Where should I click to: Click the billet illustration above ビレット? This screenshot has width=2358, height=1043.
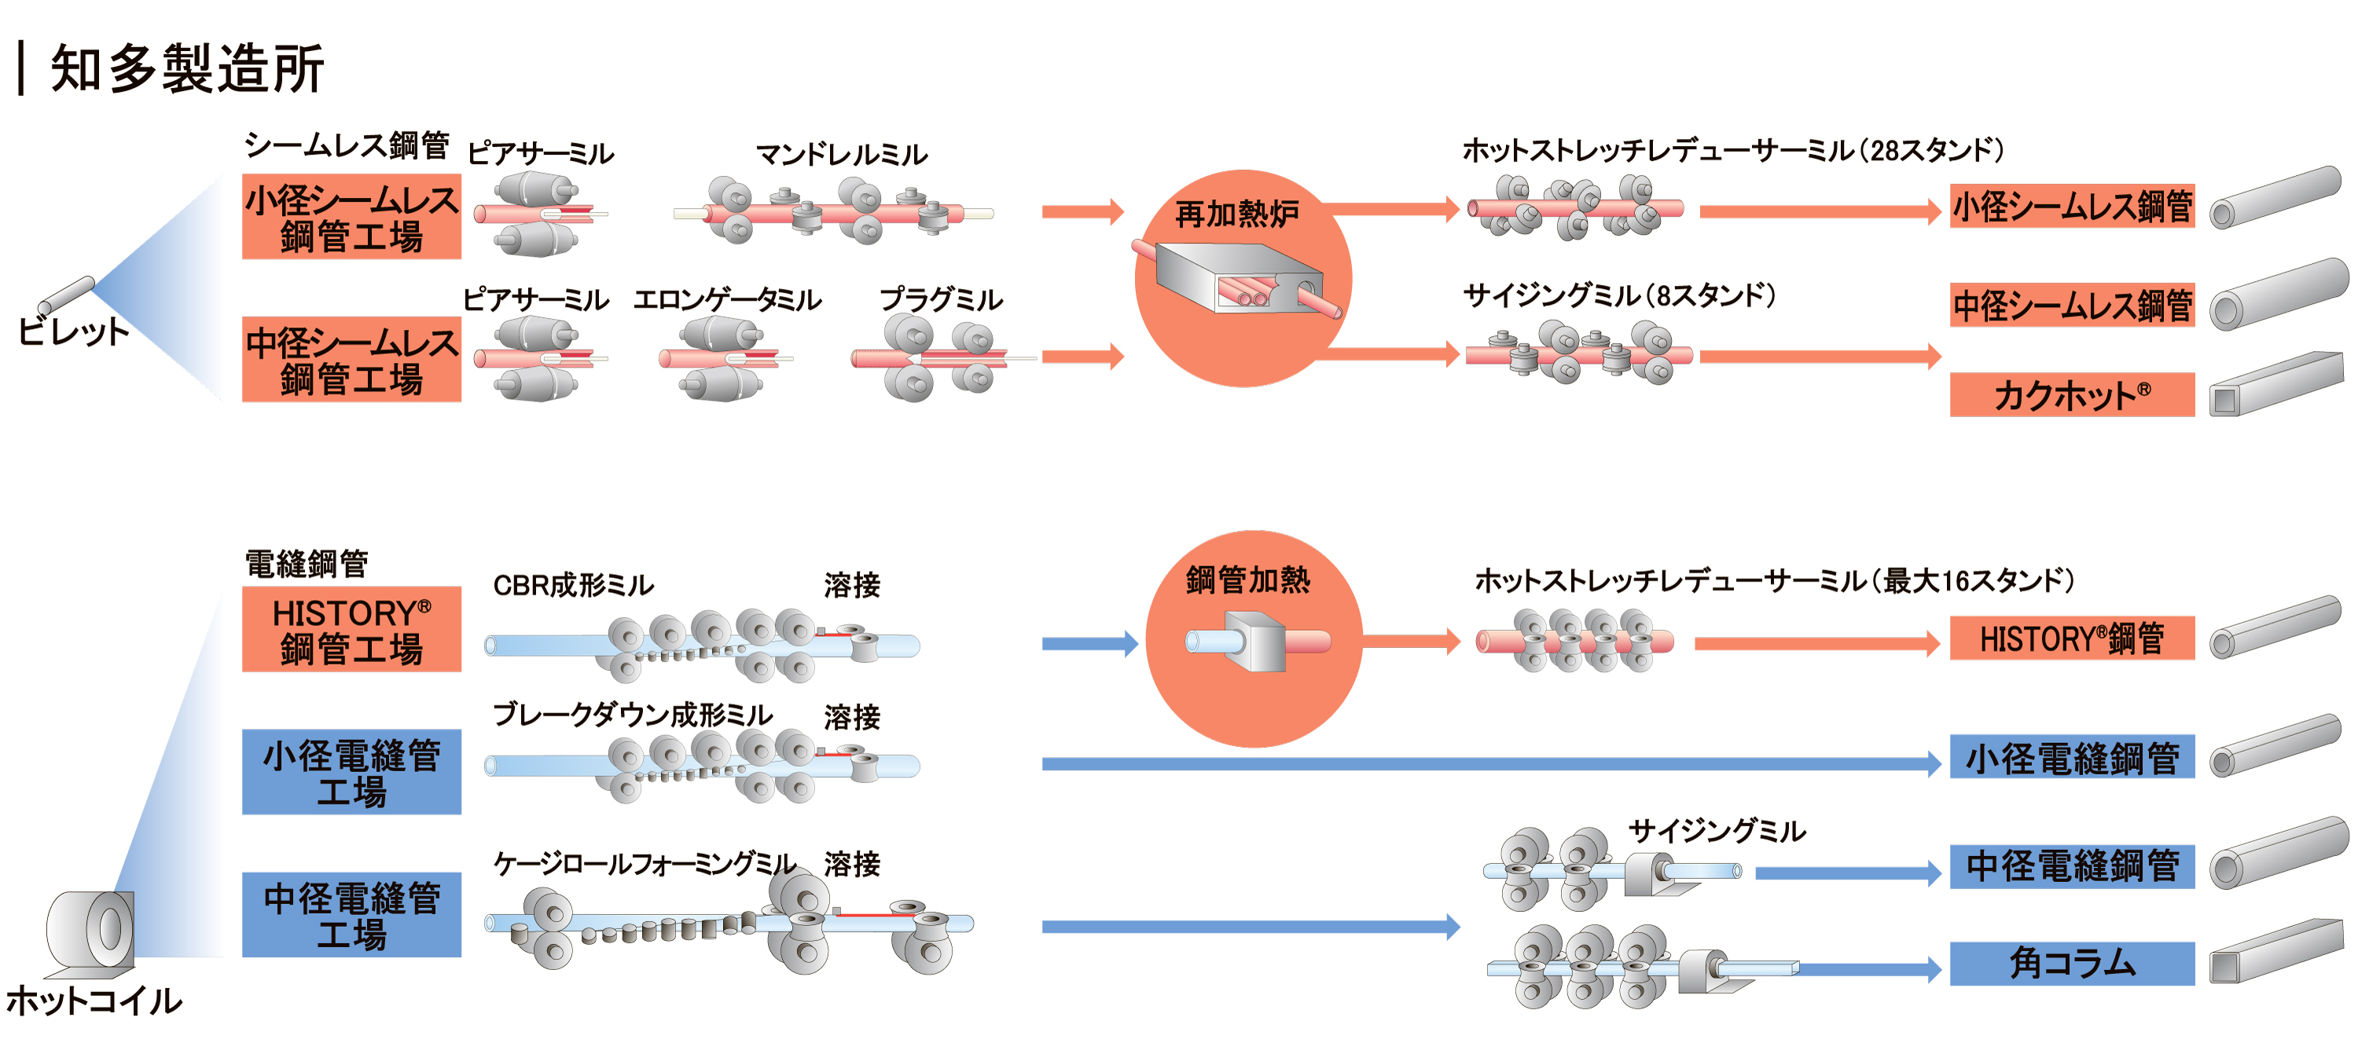[67, 295]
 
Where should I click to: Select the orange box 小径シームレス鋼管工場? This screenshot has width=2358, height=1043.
[351, 218]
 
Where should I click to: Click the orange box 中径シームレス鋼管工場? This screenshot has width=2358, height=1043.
[351, 360]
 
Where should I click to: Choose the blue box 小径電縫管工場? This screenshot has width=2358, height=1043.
[351, 772]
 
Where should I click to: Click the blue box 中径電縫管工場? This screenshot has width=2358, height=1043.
[351, 915]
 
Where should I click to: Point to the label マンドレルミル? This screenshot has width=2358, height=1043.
[841, 155]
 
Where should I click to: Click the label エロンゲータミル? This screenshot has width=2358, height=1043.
[728, 300]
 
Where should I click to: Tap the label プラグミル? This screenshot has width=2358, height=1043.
[941, 300]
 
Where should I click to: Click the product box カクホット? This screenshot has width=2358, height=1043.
[2071, 395]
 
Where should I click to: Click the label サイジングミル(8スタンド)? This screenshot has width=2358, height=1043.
[1618, 295]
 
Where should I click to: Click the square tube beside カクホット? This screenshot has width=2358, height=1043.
[2275, 385]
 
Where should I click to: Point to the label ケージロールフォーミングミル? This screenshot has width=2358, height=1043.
[645, 863]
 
